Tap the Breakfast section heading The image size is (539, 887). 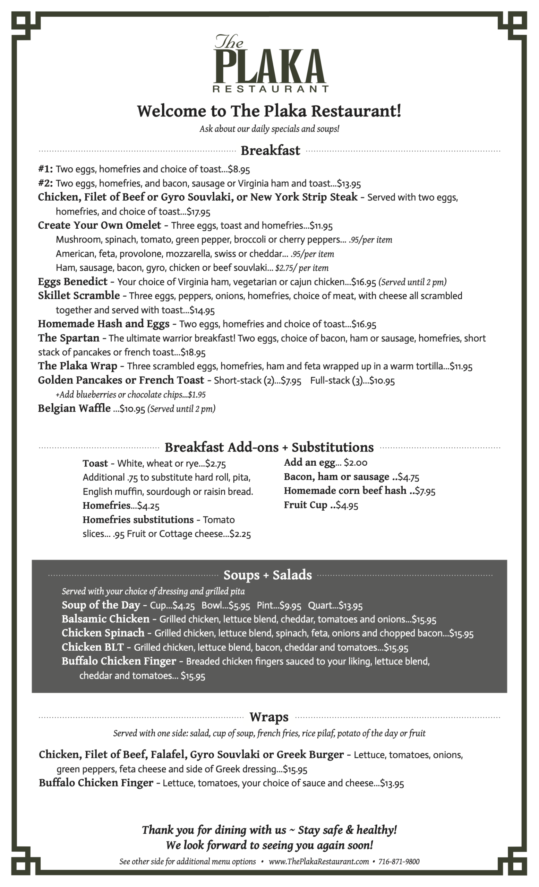click(270, 150)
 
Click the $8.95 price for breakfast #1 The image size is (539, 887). click(239, 169)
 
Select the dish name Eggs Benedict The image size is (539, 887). click(73, 281)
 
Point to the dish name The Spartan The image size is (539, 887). click(69, 338)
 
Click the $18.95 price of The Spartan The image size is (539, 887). click(193, 352)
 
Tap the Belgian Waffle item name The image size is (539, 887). click(74, 408)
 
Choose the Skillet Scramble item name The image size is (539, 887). click(79, 296)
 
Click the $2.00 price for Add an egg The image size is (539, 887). click(356, 463)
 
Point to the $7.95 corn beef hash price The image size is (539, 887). click(425, 491)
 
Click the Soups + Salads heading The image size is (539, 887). click(267, 575)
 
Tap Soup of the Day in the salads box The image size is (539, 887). click(101, 605)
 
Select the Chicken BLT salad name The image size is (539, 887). click(93, 647)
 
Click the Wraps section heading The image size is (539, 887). click(269, 717)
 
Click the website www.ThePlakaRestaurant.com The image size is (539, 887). click(319, 861)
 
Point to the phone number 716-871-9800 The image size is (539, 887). click(399, 861)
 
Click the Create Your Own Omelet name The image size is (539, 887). click(100, 225)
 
